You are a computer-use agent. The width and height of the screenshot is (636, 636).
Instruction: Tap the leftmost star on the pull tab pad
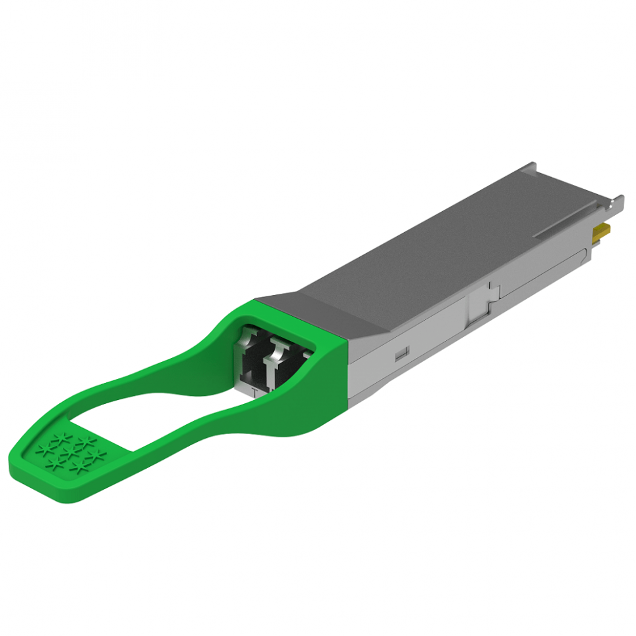point(45,449)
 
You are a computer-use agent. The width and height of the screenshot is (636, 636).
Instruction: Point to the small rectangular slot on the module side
point(402,354)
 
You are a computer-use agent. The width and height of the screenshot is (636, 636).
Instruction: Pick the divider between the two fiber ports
point(268,367)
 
